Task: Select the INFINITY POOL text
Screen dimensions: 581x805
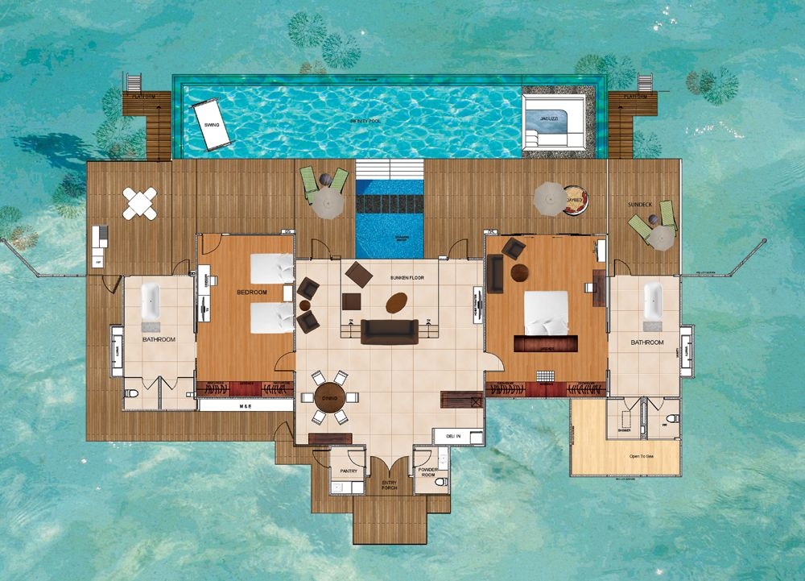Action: (x=365, y=120)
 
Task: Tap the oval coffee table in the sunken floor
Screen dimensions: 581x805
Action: (x=395, y=303)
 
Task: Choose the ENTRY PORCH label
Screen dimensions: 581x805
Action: (x=389, y=485)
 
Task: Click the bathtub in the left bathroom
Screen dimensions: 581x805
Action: (x=151, y=302)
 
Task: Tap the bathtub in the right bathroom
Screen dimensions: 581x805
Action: (x=652, y=300)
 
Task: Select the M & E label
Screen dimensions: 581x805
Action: (x=246, y=405)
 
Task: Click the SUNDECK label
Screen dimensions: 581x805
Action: (x=643, y=205)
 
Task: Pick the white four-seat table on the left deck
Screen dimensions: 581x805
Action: (x=140, y=203)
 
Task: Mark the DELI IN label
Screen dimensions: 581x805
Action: (x=452, y=437)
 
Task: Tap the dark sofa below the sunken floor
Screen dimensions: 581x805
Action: (x=390, y=331)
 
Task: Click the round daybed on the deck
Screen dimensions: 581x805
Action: (x=575, y=199)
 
